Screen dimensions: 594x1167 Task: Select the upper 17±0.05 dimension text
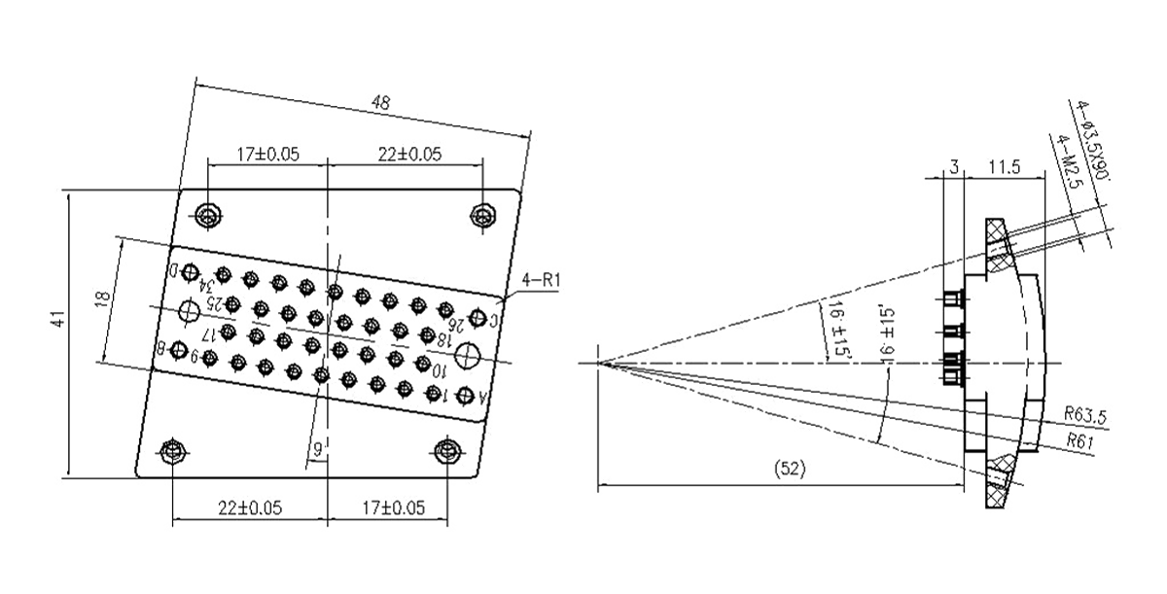point(268,154)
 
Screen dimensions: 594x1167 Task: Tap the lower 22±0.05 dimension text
point(249,507)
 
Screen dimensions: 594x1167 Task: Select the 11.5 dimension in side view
point(1004,168)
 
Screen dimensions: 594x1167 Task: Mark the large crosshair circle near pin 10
point(190,311)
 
